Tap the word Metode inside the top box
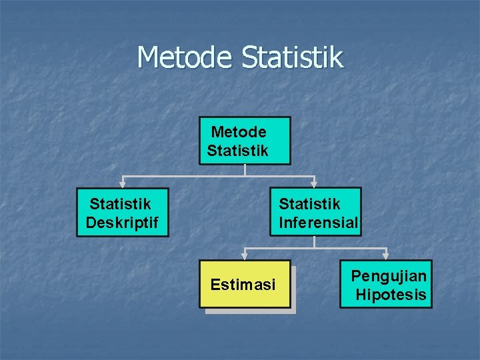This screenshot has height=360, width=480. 239,132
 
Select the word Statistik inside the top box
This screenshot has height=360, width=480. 237,151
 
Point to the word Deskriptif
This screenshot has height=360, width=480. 122,223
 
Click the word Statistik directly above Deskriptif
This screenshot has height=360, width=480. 120,203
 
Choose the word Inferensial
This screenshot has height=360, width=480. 318,223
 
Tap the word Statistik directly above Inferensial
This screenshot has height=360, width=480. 309,203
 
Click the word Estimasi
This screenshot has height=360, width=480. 243,285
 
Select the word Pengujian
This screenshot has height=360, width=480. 389,276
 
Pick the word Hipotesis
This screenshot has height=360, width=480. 391,295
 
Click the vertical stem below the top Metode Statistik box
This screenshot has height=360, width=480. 245,170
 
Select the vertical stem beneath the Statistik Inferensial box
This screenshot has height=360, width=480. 316,241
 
